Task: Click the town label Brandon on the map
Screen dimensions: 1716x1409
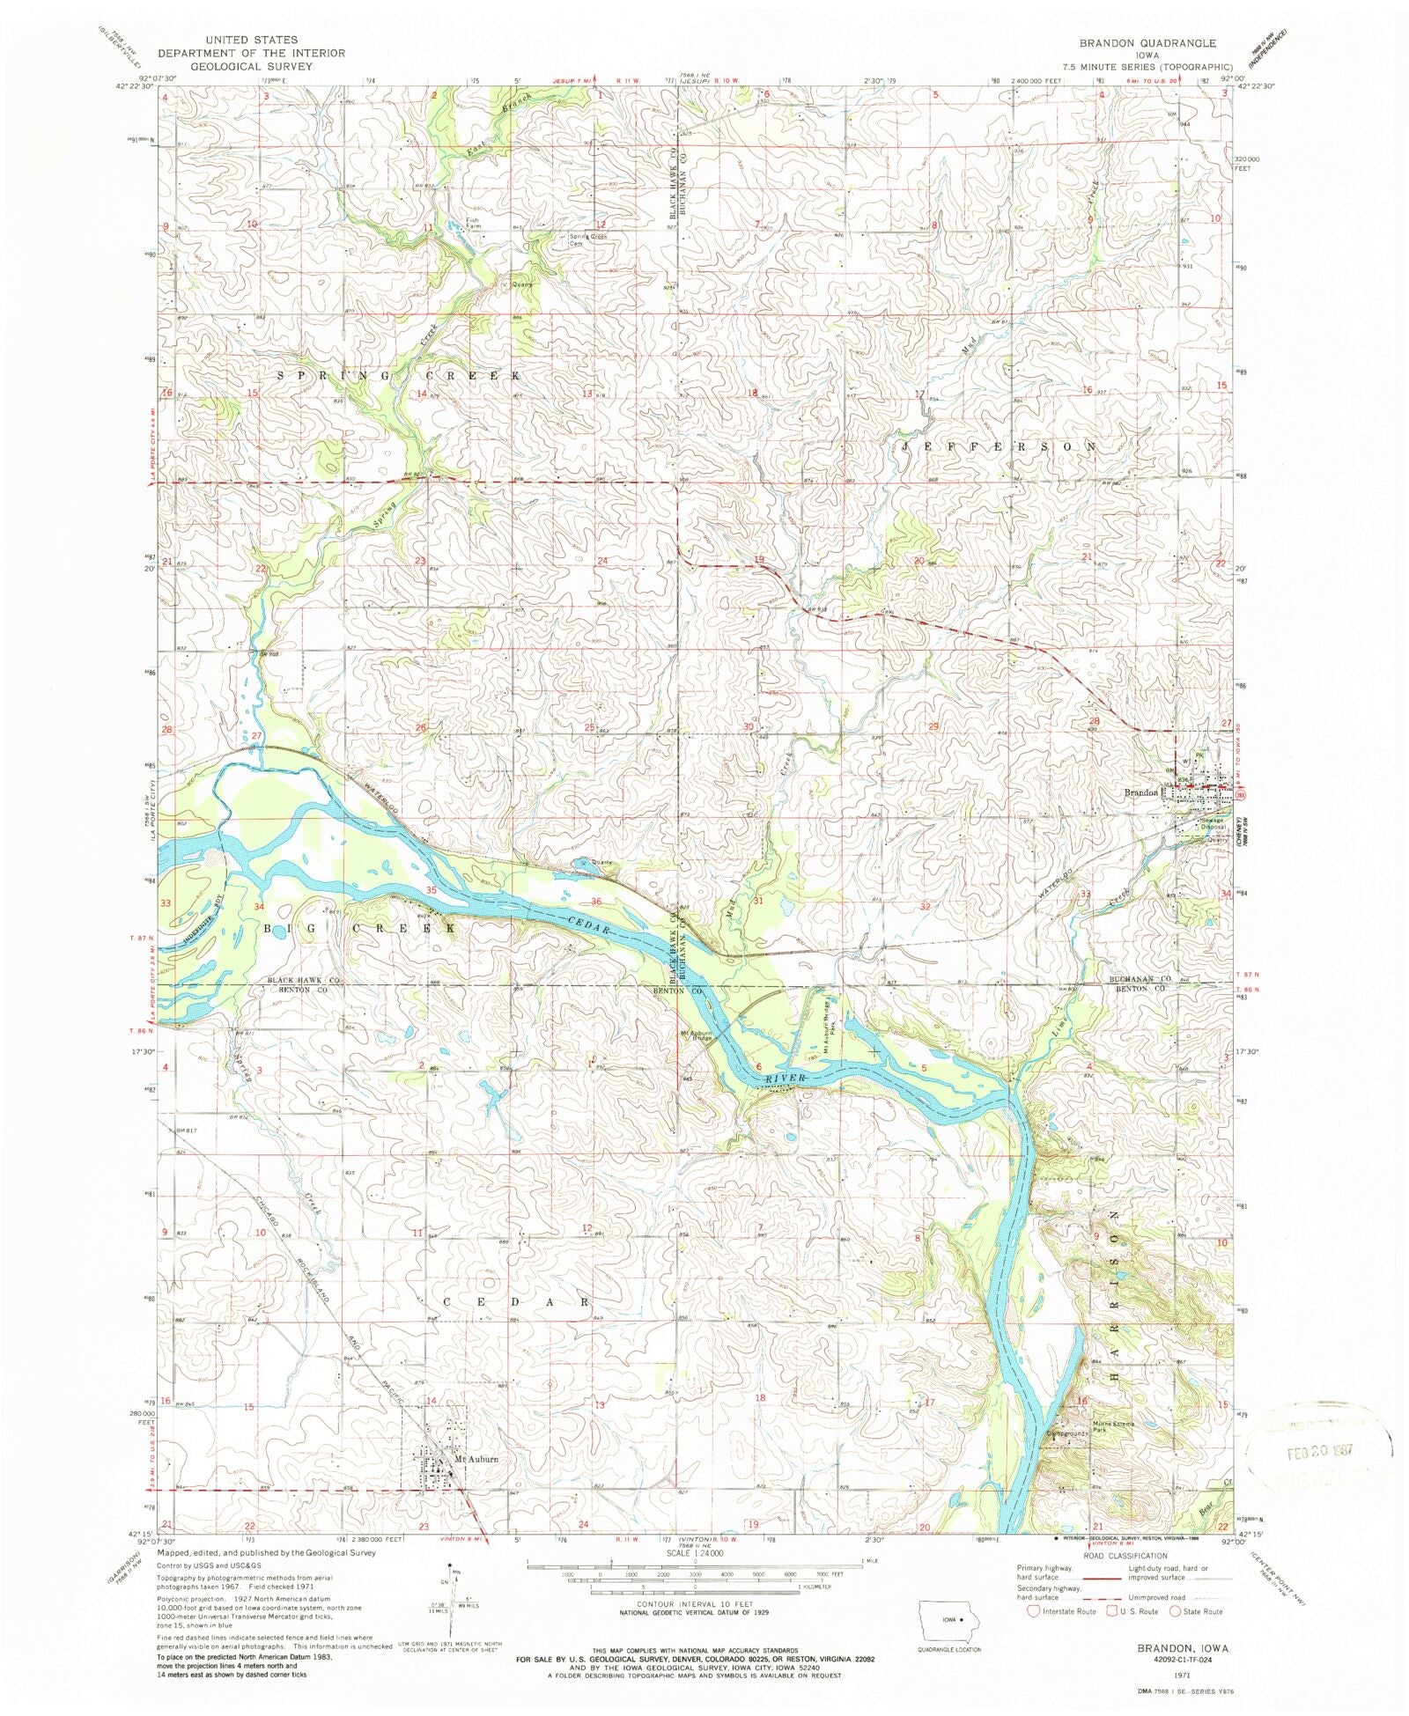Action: click(1140, 793)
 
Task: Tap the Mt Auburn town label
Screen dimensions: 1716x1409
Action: click(476, 1459)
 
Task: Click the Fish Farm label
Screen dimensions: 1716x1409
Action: click(474, 224)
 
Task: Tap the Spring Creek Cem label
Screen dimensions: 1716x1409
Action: click(587, 239)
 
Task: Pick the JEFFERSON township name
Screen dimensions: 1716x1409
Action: click(999, 447)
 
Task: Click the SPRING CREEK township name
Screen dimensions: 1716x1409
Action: click(399, 376)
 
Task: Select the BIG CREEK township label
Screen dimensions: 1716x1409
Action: click(359, 928)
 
